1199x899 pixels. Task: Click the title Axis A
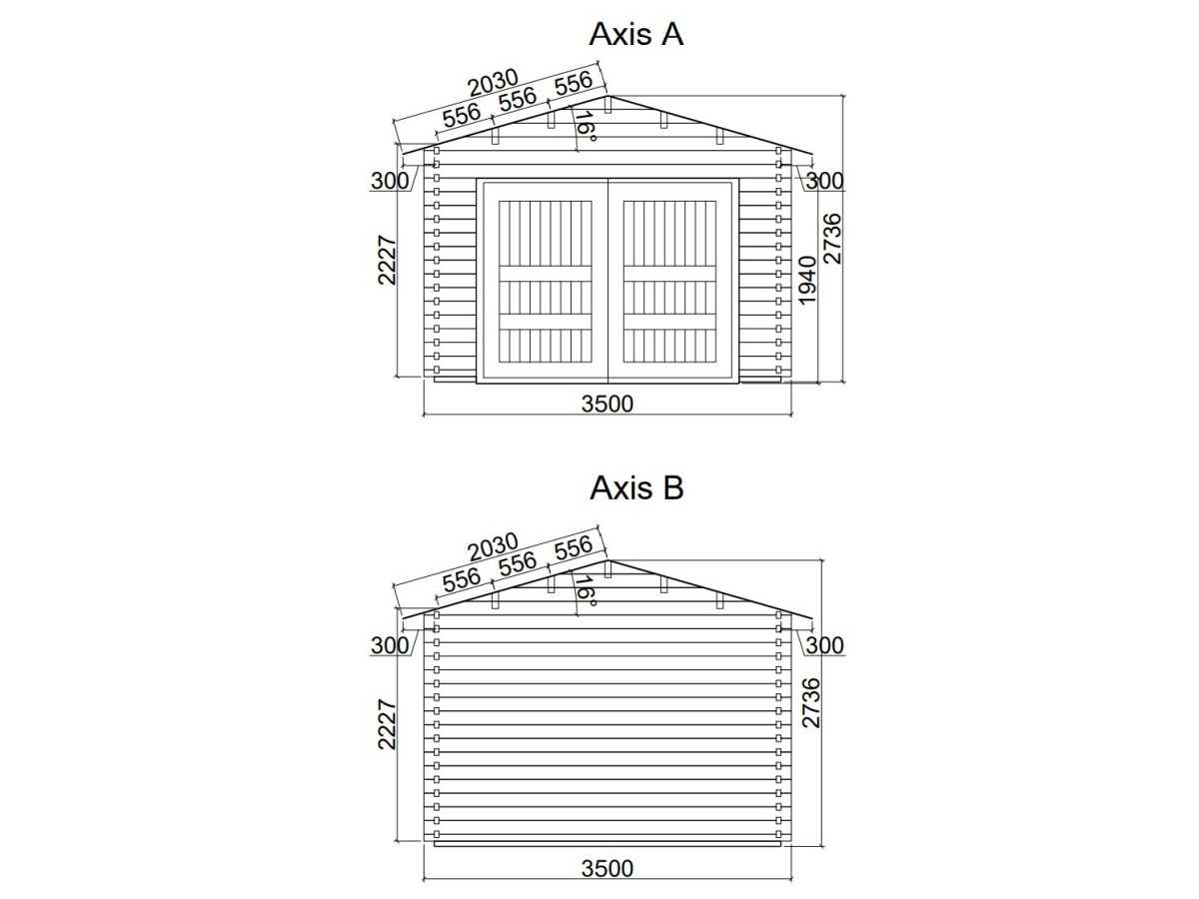635,34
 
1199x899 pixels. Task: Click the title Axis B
636,487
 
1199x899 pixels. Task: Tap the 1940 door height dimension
807,280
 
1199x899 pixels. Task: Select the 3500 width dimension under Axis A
607,404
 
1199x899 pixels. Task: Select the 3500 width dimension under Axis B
607,868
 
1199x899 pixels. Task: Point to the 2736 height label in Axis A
832,239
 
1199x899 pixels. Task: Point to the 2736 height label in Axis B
811,703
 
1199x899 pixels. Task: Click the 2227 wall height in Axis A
388,260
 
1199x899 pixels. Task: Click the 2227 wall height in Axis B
388,724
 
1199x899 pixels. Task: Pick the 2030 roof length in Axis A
494,83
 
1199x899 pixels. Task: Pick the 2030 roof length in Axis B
494,547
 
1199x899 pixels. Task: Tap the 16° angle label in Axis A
585,126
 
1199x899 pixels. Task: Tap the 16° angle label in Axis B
585,590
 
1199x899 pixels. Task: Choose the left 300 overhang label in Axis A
390,181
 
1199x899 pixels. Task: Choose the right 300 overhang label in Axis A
825,181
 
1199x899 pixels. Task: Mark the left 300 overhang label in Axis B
390,645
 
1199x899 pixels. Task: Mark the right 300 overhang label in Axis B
825,645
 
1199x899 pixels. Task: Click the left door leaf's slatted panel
546,282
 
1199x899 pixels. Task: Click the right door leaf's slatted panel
669,282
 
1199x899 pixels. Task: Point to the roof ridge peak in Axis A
607,96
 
